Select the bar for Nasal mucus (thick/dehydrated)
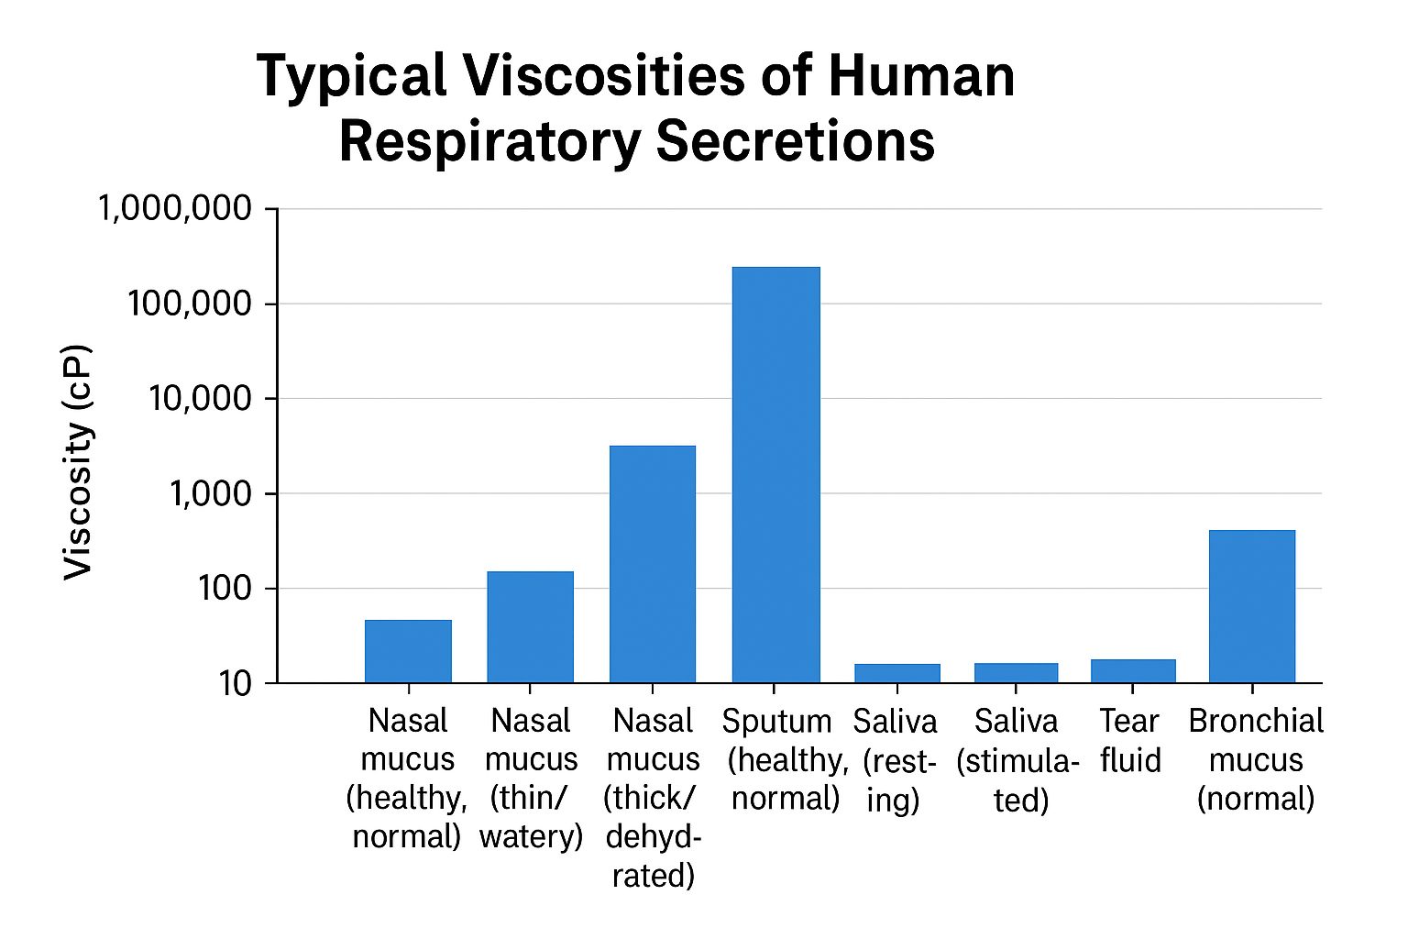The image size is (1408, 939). [653, 564]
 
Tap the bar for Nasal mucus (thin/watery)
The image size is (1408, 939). [530, 627]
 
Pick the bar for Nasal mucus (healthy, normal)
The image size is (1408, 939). [408, 651]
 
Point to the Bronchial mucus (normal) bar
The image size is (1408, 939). [1252, 606]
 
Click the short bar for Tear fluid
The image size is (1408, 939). [1133, 671]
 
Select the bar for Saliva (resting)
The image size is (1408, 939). [896, 673]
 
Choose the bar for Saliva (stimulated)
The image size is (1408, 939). [1016, 673]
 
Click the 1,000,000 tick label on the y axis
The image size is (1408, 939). [174, 209]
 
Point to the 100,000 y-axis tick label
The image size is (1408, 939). [190, 304]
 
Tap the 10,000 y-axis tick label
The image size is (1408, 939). [199, 399]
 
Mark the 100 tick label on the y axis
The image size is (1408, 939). [225, 589]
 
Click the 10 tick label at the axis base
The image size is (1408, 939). [235, 683]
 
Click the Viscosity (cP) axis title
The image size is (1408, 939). [79, 462]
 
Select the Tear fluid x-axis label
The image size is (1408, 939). [1130, 741]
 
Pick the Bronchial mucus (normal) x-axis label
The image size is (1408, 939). [1256, 759]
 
